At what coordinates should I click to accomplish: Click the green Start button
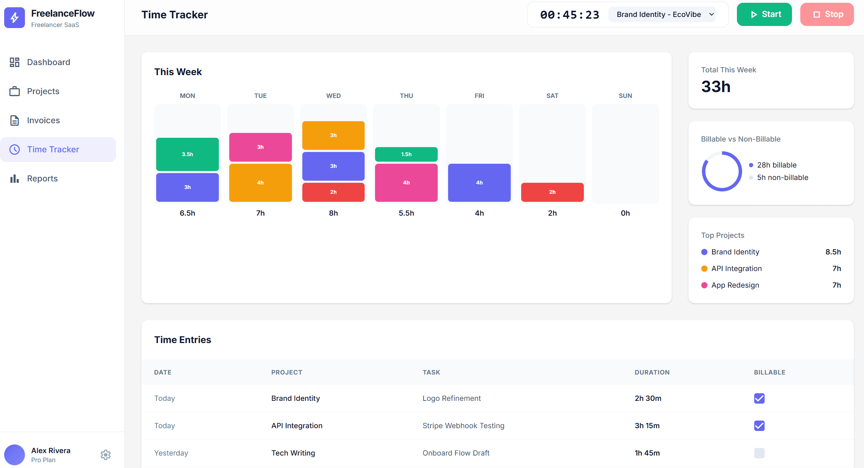click(x=764, y=15)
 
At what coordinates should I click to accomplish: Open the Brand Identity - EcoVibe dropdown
click(x=662, y=15)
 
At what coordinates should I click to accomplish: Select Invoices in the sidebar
click(x=43, y=120)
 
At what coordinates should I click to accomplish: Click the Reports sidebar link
click(x=42, y=179)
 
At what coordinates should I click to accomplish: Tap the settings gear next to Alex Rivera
click(x=106, y=454)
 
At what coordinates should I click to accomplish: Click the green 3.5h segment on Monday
click(x=187, y=154)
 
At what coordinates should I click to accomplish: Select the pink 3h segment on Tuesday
click(x=260, y=147)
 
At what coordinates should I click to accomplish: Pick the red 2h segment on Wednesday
click(x=333, y=192)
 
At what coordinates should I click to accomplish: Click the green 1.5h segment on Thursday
click(x=406, y=154)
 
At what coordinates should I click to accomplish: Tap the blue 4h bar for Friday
click(x=479, y=183)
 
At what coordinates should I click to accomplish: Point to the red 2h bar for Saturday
click(x=552, y=192)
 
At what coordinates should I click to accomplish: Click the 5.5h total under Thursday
click(x=406, y=213)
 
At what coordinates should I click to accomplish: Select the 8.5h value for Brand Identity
click(x=833, y=252)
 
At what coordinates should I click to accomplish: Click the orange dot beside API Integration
click(x=704, y=269)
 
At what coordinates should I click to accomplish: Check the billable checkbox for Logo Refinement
click(x=759, y=398)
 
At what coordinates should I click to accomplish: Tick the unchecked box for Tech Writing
click(x=759, y=453)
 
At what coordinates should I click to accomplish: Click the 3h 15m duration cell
click(x=647, y=426)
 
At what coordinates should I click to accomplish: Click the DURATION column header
click(x=652, y=372)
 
